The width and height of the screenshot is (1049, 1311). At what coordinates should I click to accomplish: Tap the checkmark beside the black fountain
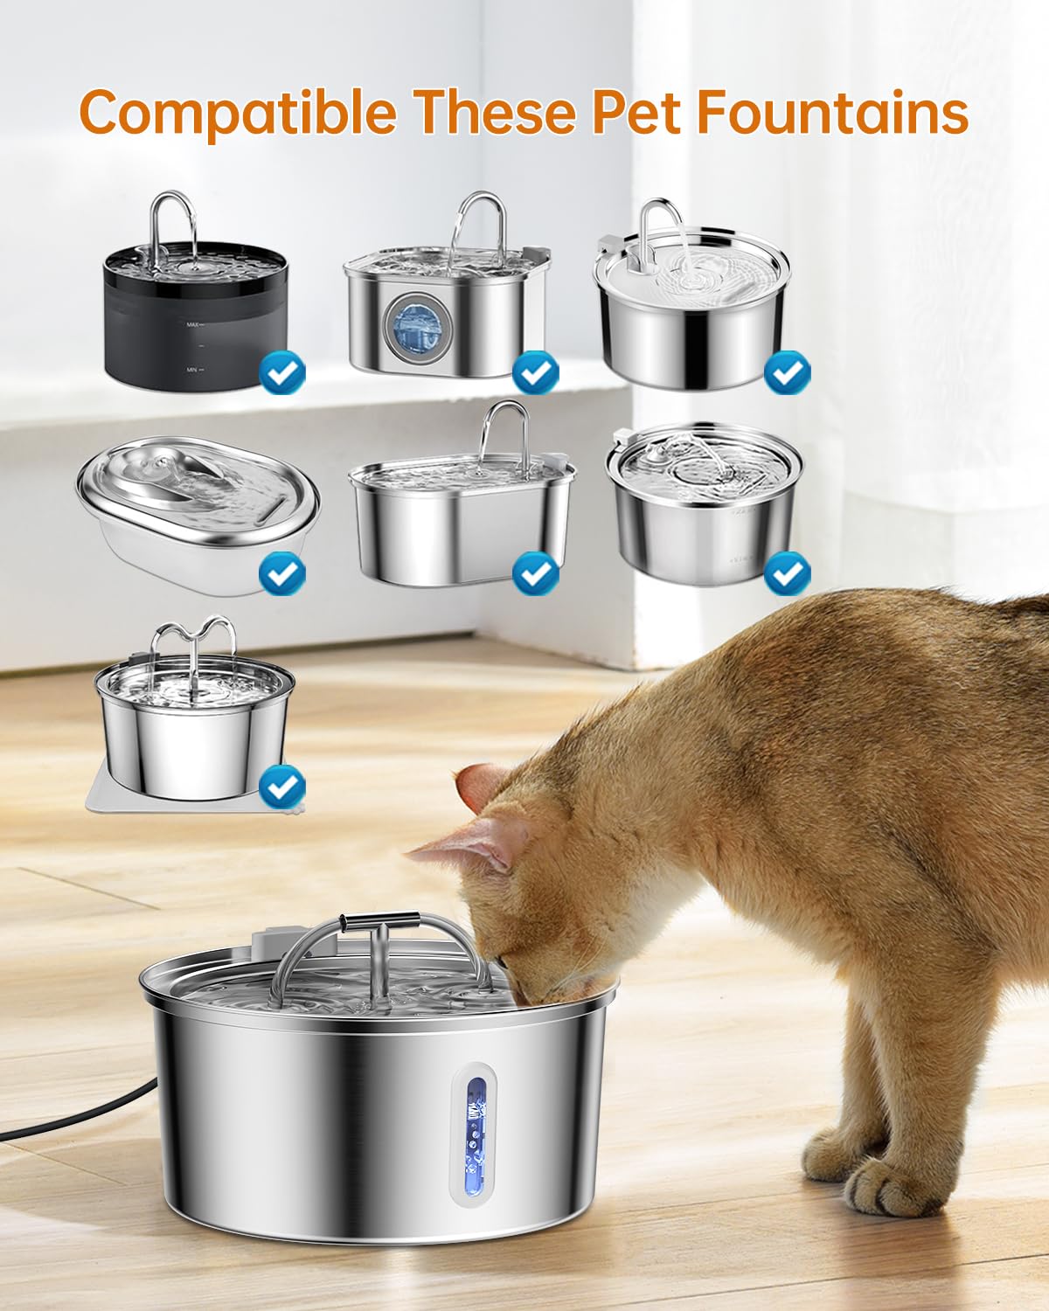pyautogui.click(x=282, y=374)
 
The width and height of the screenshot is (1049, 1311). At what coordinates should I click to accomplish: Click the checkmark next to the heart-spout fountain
pyautogui.click(x=282, y=787)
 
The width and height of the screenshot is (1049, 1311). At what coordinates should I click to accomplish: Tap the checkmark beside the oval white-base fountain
pyautogui.click(x=282, y=574)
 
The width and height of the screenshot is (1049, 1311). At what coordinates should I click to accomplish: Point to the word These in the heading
pyautogui.click(x=494, y=112)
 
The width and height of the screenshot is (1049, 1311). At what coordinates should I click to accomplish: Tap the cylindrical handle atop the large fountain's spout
pyautogui.click(x=379, y=923)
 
